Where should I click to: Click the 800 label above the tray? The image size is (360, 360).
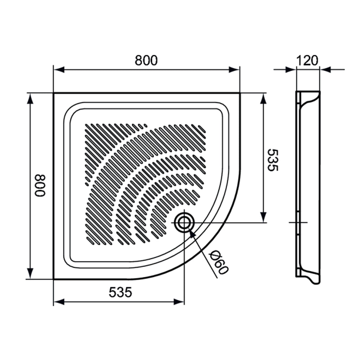tap(146, 60)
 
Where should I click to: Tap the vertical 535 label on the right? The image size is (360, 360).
tap(272, 160)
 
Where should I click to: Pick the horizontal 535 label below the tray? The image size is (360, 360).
tap(120, 292)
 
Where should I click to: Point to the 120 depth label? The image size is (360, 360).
tap(307, 60)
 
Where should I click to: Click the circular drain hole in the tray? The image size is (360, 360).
tap(184, 222)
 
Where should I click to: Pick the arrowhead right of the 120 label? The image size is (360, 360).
tap(326, 70)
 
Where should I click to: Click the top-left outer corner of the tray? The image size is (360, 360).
tap(54, 93)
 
